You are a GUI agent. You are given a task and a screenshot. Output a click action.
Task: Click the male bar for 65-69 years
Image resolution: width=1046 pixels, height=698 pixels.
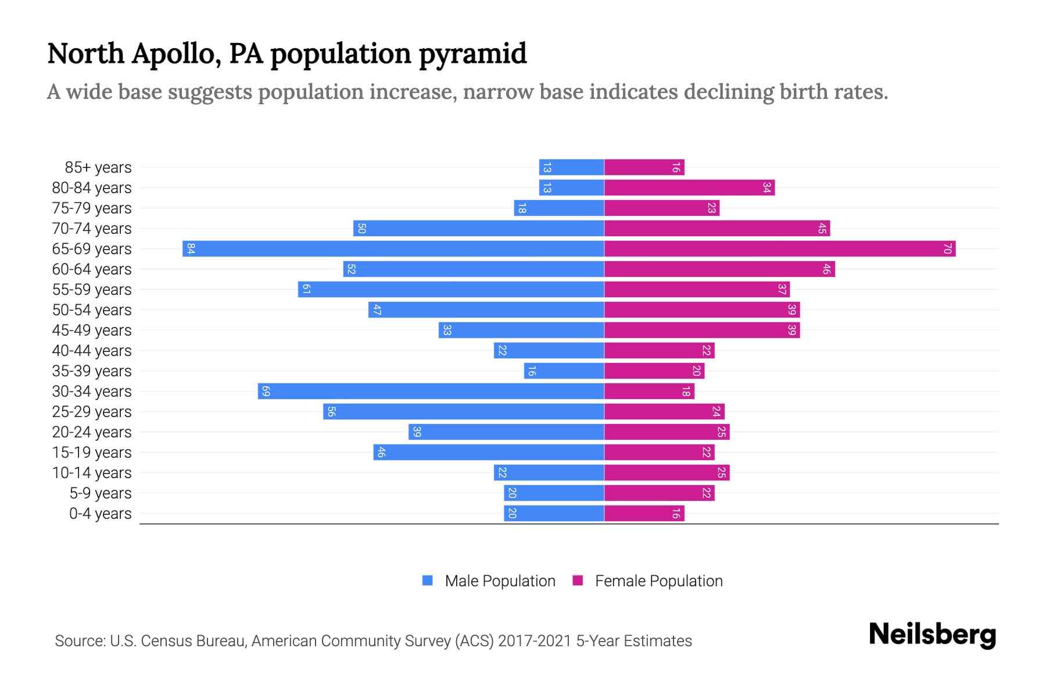click(393, 248)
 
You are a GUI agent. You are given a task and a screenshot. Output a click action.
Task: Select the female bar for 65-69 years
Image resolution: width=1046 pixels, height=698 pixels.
click(780, 248)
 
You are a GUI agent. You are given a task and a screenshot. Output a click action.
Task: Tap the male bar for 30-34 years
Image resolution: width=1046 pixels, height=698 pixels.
click(431, 391)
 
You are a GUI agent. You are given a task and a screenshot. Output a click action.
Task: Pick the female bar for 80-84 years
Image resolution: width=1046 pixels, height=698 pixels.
click(689, 187)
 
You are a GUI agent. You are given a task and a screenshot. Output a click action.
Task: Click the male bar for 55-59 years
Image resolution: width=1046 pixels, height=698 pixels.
click(451, 289)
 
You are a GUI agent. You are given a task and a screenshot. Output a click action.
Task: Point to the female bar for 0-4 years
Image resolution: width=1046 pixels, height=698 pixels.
click(644, 513)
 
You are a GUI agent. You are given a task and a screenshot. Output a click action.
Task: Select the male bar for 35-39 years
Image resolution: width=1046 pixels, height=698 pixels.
click(564, 371)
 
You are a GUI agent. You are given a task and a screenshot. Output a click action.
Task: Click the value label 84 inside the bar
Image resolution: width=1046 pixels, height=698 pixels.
click(191, 249)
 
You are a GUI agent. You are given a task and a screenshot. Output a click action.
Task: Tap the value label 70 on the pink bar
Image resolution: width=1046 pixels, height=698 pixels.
click(947, 249)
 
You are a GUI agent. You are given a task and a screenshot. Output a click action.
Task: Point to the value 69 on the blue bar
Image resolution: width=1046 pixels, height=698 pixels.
click(266, 391)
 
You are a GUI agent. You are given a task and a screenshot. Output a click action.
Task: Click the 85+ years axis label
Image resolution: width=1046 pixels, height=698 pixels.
click(98, 168)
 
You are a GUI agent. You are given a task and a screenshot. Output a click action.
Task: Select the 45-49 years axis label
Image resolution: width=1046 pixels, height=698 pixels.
click(92, 330)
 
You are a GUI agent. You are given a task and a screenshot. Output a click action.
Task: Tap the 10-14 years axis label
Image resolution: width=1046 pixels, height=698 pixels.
click(92, 473)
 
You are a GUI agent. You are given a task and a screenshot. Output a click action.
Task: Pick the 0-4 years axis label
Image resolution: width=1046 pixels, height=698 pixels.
click(100, 514)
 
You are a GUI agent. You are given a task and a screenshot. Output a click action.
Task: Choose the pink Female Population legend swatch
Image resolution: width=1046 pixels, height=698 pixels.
click(578, 581)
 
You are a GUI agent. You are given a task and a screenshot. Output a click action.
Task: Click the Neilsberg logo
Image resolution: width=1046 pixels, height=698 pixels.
click(932, 635)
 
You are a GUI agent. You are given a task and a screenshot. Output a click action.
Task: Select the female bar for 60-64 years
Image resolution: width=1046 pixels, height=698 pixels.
click(719, 269)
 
